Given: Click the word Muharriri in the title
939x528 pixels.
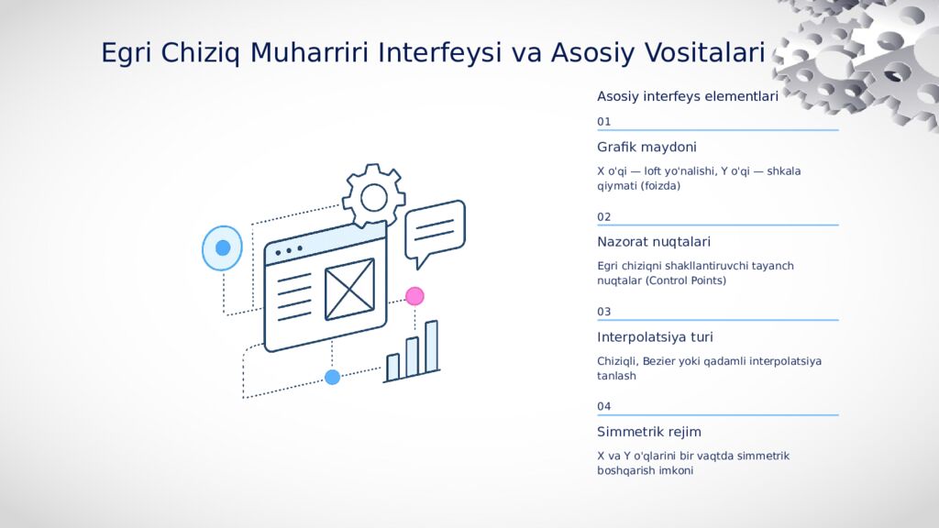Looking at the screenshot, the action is point(309,52).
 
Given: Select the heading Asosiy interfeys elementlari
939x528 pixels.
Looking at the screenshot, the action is point(688,96).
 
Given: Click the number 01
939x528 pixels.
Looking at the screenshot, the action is point(603,122).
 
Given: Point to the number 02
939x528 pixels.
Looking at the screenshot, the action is point(603,216).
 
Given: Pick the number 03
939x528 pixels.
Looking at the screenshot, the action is point(603,312).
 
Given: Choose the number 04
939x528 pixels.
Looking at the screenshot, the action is point(603,406).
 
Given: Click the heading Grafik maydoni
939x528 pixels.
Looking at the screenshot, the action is point(646,148).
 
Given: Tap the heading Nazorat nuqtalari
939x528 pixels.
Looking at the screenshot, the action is point(654,242).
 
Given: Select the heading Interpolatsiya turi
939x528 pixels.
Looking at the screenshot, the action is point(655,337).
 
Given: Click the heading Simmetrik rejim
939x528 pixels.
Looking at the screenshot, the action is point(649,432).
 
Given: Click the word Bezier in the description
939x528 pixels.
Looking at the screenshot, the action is point(658,361).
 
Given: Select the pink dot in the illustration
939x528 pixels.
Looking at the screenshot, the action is point(414,296).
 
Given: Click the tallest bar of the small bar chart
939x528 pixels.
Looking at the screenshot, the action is point(431,346).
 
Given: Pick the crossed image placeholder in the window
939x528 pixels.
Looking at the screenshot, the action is point(349,289).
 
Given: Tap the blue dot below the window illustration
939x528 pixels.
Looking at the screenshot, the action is point(332,377).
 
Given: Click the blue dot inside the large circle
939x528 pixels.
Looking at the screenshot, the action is point(223,247).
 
